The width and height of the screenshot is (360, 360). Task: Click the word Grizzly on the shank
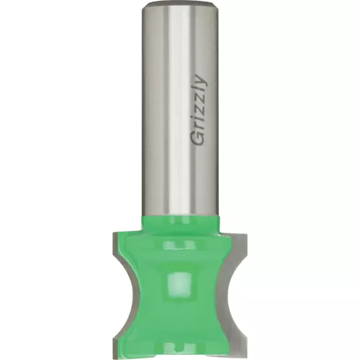pyautogui.click(x=199, y=112)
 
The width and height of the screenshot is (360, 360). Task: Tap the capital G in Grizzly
pyautogui.click(x=198, y=139)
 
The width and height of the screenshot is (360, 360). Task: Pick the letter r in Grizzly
pyautogui.click(x=199, y=127)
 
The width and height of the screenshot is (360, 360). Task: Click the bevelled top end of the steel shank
pyautogui.click(x=180, y=4)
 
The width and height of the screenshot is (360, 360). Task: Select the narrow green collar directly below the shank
pyautogui.click(x=180, y=224)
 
